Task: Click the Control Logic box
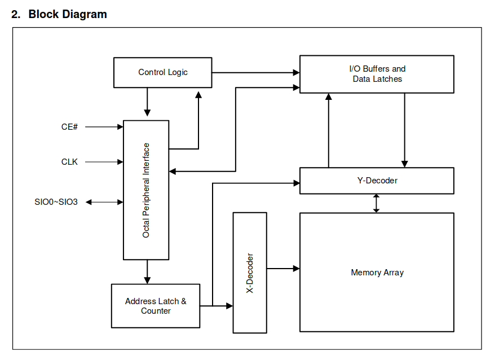click(162, 72)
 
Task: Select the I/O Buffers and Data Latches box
click(377, 74)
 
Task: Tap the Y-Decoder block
click(377, 181)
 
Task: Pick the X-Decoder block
click(250, 273)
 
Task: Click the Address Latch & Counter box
click(156, 306)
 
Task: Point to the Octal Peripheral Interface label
click(146, 190)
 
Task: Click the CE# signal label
click(69, 126)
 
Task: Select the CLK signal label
click(69, 162)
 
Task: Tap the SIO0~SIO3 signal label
click(56, 202)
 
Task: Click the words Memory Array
click(377, 273)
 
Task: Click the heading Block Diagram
click(68, 14)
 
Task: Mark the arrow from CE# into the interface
click(104, 126)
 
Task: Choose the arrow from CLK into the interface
click(104, 162)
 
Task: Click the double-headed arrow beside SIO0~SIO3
click(104, 202)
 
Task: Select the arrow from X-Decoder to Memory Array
click(283, 269)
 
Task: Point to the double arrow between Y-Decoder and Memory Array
click(376, 203)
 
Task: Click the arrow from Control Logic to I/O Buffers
click(255, 73)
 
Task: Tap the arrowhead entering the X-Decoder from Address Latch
click(229, 306)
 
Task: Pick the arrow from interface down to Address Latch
click(147, 272)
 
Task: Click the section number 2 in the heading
click(16, 14)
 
